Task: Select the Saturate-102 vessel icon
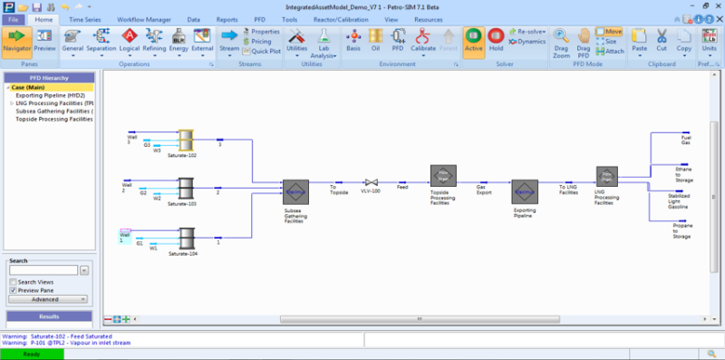pyautogui.click(x=187, y=140)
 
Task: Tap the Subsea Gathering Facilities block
pyautogui.click(x=295, y=192)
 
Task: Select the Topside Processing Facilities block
pyautogui.click(x=443, y=176)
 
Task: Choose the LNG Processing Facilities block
pyautogui.click(x=606, y=176)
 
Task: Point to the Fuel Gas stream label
pyautogui.click(x=685, y=141)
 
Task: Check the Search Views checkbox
pyautogui.click(x=12, y=282)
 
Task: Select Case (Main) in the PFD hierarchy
pyautogui.click(x=30, y=88)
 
